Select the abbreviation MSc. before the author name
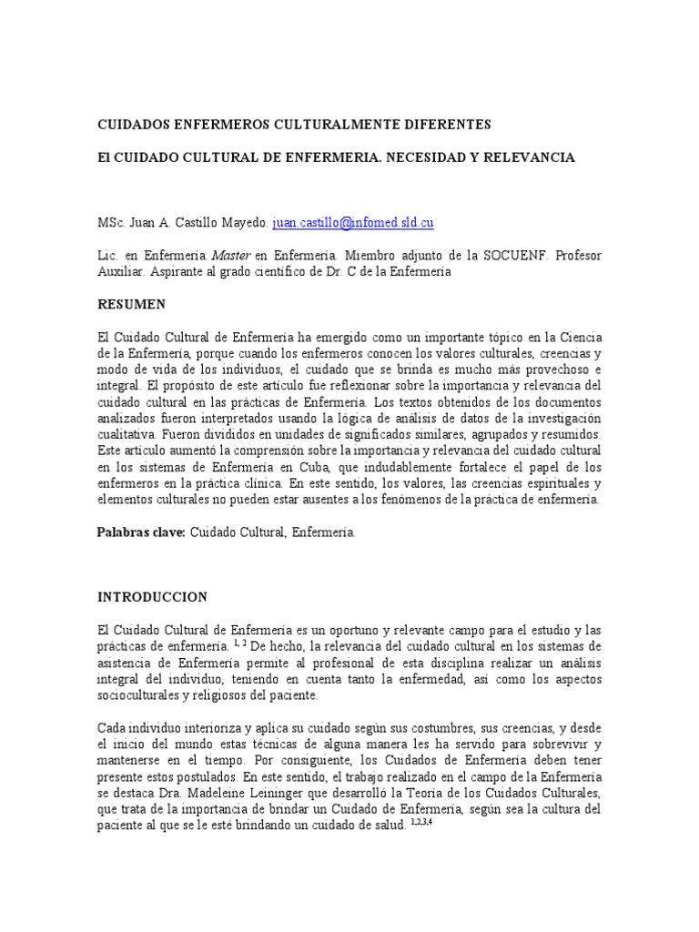click(112, 222)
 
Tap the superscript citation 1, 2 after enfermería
click(242, 643)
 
